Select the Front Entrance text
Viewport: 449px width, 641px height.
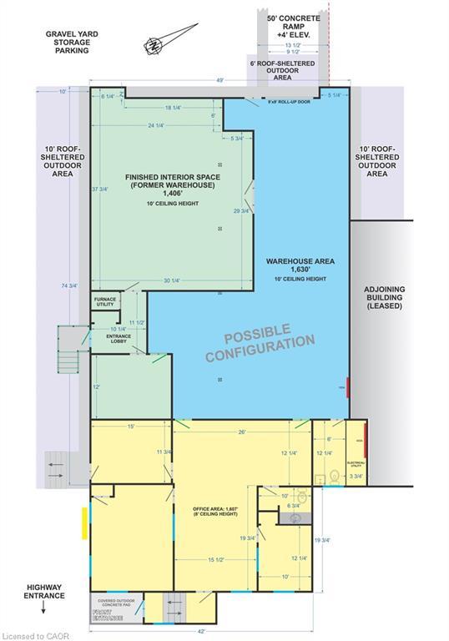(107, 618)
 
